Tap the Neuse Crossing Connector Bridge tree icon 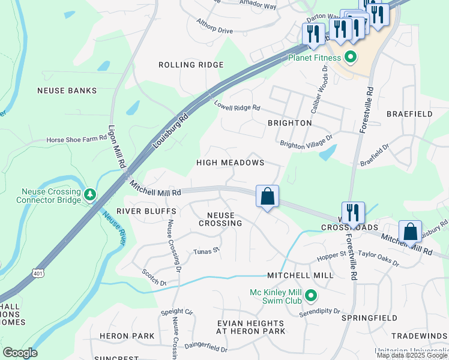[90, 194]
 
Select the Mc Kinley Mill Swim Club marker [311, 296]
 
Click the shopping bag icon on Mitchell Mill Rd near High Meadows [267, 196]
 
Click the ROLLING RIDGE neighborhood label [191, 65]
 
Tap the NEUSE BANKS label [67, 91]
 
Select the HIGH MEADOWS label [231, 163]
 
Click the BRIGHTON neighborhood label [290, 122]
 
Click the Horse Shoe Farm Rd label [76, 140]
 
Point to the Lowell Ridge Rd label [237, 106]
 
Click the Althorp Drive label [214, 26]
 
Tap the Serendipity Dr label [321, 313]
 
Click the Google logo [20, 353]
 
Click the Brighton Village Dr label [306, 142]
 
